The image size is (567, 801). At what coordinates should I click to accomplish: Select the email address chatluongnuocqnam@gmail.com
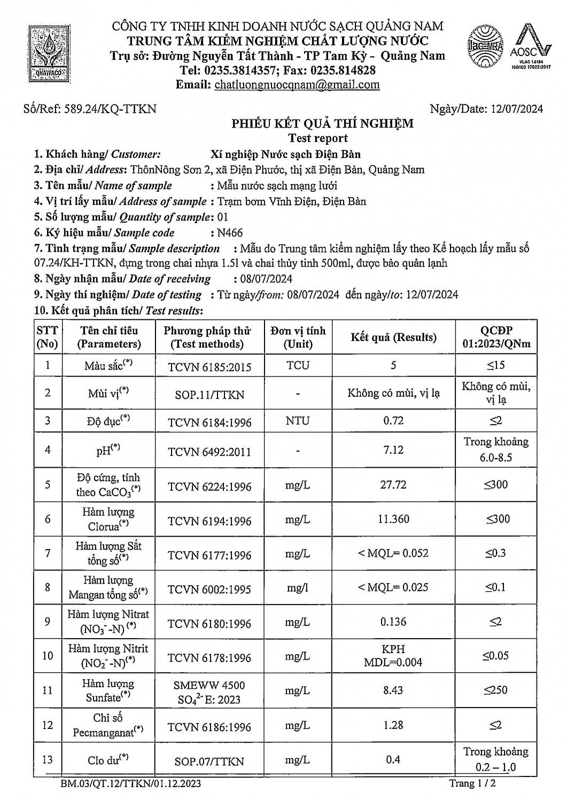[297, 84]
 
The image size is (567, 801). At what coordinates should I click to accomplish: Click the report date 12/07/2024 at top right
[516, 109]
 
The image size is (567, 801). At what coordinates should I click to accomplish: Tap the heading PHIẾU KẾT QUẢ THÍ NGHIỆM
[322, 124]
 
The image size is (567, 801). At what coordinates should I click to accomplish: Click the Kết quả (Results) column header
[393, 337]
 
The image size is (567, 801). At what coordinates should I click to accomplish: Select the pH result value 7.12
[393, 450]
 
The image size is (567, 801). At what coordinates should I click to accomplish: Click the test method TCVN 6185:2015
[209, 367]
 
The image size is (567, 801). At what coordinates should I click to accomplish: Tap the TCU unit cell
[298, 366]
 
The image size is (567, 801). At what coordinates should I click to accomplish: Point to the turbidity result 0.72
[393, 421]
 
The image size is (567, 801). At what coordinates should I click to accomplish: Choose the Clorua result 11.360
[393, 519]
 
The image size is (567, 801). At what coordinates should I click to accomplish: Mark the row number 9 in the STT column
[48, 622]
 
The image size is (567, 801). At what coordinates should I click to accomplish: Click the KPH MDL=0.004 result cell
[393, 656]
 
